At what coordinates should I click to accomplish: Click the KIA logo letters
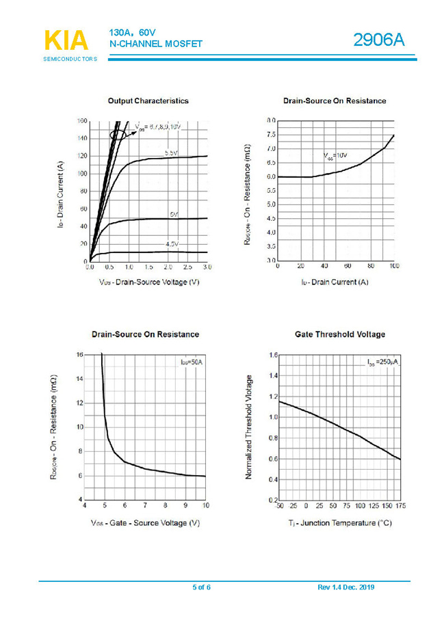pyautogui.click(x=66, y=40)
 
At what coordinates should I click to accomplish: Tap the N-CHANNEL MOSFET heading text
pyautogui.click(x=156, y=44)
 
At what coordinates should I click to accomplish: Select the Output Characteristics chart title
pyautogui.click(x=148, y=101)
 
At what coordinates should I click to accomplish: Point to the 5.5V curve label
pyautogui.click(x=172, y=153)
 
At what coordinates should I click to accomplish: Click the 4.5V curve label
pyautogui.click(x=172, y=243)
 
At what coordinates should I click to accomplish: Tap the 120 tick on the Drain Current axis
pyautogui.click(x=81, y=156)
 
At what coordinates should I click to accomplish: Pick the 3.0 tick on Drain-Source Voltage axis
pyautogui.click(x=207, y=267)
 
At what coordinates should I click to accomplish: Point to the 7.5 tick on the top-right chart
pyautogui.click(x=271, y=135)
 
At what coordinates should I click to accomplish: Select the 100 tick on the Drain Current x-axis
pyautogui.click(x=393, y=267)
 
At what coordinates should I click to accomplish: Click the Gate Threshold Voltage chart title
pyautogui.click(x=339, y=334)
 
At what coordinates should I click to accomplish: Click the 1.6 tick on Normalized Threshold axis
pyautogui.click(x=273, y=356)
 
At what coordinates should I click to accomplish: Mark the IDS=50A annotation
pyautogui.click(x=192, y=362)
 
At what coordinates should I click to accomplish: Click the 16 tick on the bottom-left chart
pyautogui.click(x=79, y=355)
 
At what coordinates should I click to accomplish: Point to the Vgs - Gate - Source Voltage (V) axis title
pyautogui.click(x=145, y=523)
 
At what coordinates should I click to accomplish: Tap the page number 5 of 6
pyautogui.click(x=201, y=587)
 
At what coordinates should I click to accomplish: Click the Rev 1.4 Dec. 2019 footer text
pyautogui.click(x=346, y=587)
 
